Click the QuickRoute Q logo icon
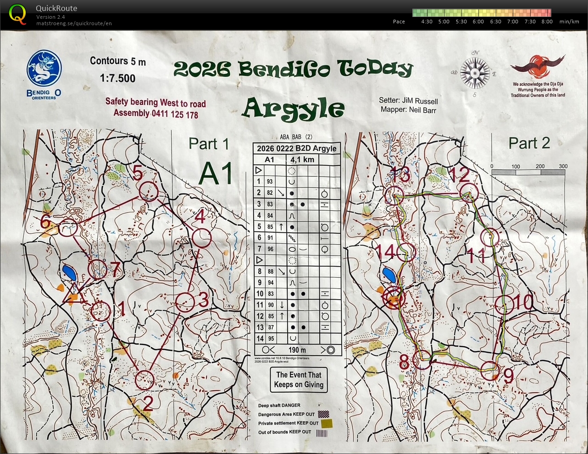(17, 14)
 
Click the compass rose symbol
(475, 73)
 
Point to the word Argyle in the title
(294, 109)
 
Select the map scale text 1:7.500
(118, 78)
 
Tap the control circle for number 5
(149, 191)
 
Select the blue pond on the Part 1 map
(70, 273)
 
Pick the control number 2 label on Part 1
(148, 403)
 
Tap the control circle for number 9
(489, 370)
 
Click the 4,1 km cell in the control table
(302, 159)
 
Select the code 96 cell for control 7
(270, 249)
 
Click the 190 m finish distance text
(297, 350)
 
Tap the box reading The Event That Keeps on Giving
(299, 380)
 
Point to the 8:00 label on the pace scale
(547, 22)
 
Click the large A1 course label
(216, 175)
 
